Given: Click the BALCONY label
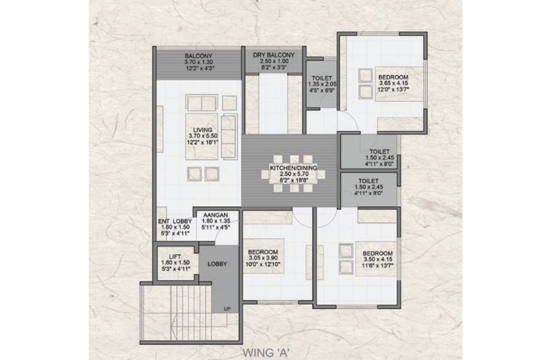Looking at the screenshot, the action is pos(199,56).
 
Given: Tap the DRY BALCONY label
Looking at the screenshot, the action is pos(273,55).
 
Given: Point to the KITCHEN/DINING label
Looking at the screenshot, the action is pos(294,168).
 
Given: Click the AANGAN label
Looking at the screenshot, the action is pos(216,215).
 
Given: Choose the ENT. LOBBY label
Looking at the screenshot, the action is pos(174,221).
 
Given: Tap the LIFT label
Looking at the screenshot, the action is pos(175,257).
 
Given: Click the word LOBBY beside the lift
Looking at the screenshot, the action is pos(217,264).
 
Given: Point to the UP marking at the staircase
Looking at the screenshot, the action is pos(227,309).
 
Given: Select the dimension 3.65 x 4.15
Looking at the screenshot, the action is pos(393,84).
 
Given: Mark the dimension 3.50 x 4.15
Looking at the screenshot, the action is pos(378,259).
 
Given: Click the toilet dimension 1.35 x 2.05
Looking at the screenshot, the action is pos(321,84).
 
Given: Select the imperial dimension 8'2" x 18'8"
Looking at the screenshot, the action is pos(294,180).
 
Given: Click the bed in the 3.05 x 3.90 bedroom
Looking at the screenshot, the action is pos(264,251).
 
